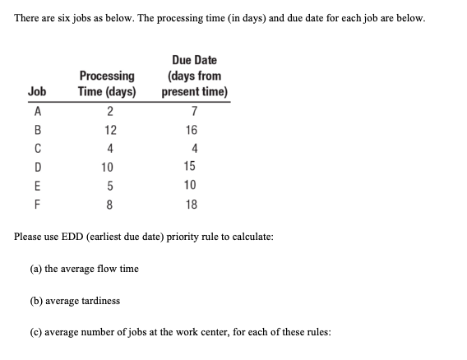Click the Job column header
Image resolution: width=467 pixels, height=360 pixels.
(x=36, y=91)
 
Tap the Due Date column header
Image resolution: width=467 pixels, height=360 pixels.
(x=194, y=76)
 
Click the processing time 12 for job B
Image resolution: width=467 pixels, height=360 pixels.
(x=110, y=130)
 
